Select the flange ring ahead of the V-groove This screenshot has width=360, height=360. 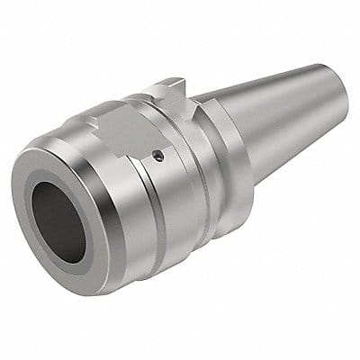(x=194, y=171)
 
